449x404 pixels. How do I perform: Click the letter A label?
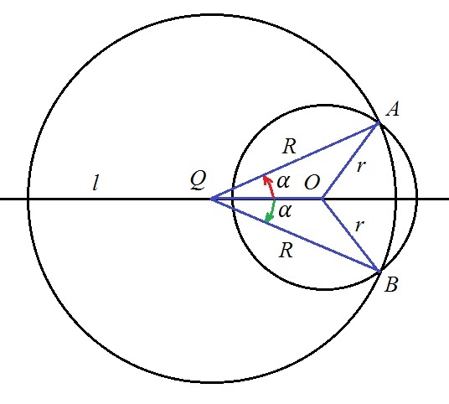tap(392, 109)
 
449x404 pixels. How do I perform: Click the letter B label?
tap(391, 285)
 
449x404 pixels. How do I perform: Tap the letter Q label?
tap(199, 180)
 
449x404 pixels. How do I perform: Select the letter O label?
tap(312, 183)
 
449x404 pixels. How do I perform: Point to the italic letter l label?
tap(96, 183)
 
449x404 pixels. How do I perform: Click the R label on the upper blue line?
tap(289, 147)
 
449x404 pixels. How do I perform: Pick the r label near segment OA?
tap(361, 166)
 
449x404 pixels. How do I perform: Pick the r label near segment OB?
tap(359, 225)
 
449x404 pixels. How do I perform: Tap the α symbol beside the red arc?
tap(283, 181)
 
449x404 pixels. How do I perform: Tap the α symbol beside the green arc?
tap(285, 211)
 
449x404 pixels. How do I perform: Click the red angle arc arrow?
tap(270, 186)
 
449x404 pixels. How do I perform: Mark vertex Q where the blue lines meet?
tap(212, 199)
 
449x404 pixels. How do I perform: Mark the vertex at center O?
tap(323, 199)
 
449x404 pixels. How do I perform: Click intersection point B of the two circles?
tap(379, 271)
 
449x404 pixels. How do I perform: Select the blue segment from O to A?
tap(351, 161)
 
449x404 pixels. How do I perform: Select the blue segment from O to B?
tap(351, 235)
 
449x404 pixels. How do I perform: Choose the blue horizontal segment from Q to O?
tap(267, 199)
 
